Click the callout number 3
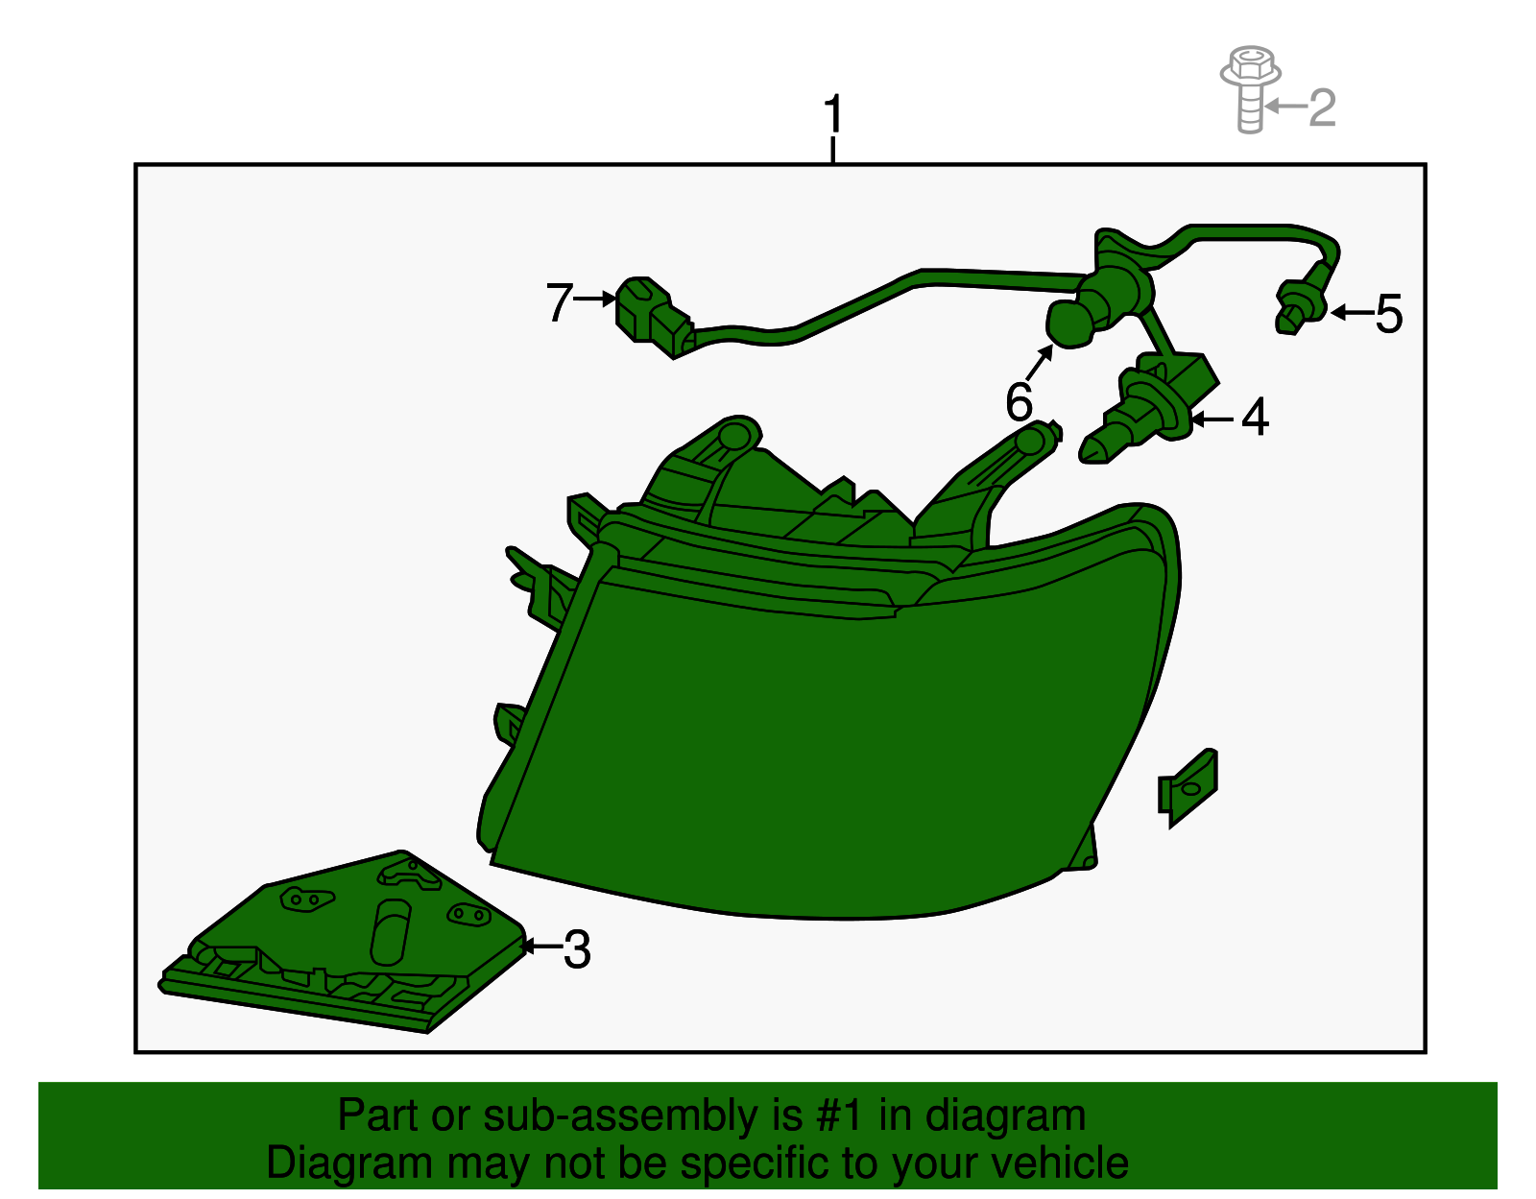click(576, 949)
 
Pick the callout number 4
click(1255, 418)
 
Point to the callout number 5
click(1388, 314)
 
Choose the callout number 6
click(1019, 401)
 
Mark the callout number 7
click(559, 302)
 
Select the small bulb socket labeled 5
click(1299, 306)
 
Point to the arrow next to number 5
click(1352, 312)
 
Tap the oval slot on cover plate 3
click(390, 932)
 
